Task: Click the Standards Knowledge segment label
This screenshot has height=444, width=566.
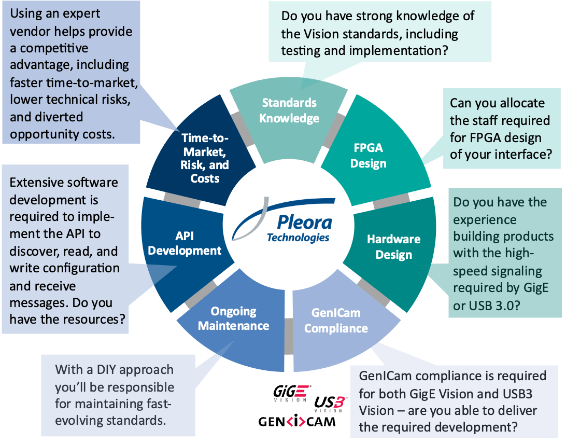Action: (x=289, y=110)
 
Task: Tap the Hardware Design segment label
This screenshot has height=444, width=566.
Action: (x=393, y=247)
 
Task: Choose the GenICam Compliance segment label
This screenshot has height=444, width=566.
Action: (x=336, y=321)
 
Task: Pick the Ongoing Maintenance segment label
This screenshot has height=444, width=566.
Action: (x=233, y=318)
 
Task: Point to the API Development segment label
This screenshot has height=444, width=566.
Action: (x=184, y=243)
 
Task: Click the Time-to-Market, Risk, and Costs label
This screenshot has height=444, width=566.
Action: (x=205, y=159)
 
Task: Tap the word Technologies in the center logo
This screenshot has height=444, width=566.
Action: (x=298, y=238)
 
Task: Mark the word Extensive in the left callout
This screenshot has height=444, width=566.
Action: (x=37, y=183)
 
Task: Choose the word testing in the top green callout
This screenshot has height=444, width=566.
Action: (x=301, y=51)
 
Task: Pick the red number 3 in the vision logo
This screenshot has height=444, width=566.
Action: (x=338, y=402)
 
